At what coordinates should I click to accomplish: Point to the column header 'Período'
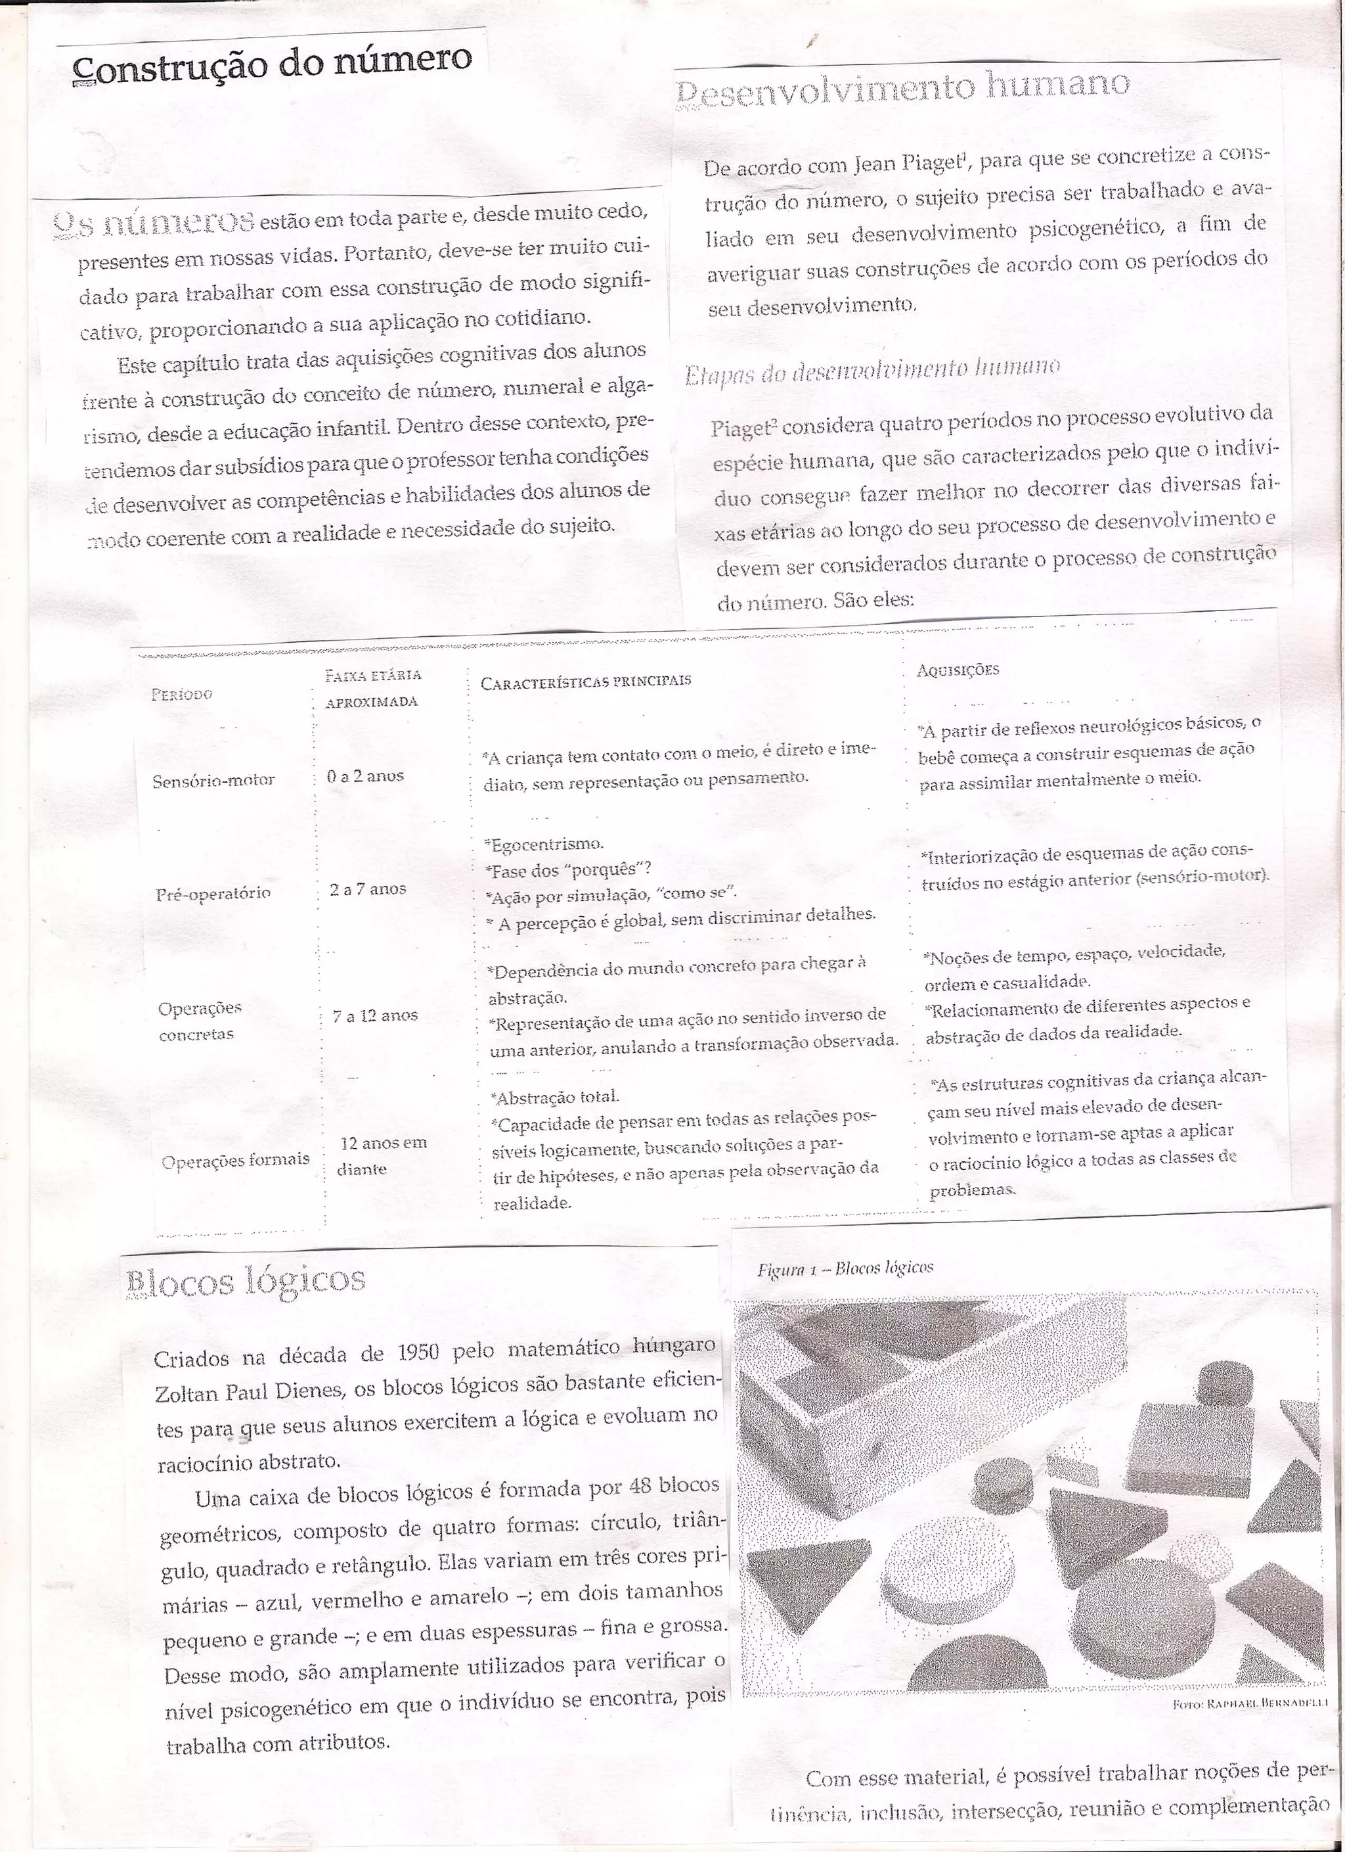point(182,694)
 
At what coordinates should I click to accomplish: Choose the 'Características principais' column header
point(585,681)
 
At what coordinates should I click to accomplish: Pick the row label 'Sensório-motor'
point(214,781)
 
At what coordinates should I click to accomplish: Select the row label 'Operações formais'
point(234,1159)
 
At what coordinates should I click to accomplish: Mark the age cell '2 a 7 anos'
point(367,889)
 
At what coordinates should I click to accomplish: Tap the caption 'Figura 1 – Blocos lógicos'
point(845,1267)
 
